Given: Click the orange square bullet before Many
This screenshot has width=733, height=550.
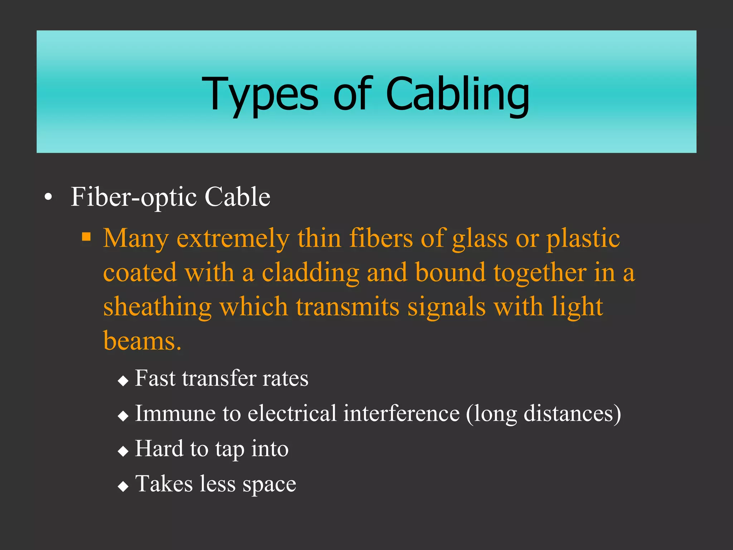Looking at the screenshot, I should pos(86,237).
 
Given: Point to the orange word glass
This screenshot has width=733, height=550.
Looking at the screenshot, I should pos(480,238).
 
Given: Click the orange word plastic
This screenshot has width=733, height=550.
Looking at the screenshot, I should pos(583,238).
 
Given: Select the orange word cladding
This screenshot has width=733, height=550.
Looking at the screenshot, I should pos(310,272).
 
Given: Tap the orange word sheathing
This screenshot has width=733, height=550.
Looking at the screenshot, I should pos(157,307).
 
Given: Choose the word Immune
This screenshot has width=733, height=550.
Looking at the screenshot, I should pos(175,414).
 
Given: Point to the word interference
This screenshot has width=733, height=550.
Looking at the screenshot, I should pos(401,414).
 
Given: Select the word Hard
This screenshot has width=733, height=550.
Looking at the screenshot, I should pos(159,449).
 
